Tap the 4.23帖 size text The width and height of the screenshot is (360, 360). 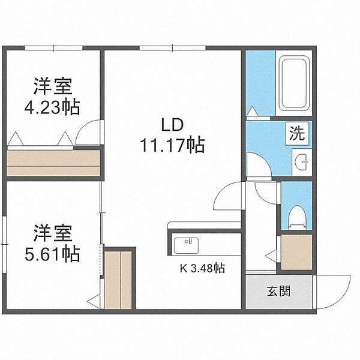point(52,107)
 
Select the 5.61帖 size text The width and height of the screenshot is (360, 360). point(52,254)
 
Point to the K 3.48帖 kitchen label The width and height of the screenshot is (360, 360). point(202,268)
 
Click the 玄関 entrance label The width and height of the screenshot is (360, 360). point(279,291)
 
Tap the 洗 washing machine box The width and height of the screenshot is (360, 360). point(298,133)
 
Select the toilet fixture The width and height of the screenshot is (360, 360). point(298,217)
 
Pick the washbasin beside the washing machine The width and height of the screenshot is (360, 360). point(302,162)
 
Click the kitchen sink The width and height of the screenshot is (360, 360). point(187,245)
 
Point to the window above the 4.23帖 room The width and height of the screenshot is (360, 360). point(53,48)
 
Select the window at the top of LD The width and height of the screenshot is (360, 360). point(172,48)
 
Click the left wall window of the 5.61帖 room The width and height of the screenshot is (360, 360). point(4,245)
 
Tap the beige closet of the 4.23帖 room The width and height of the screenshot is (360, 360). point(53,163)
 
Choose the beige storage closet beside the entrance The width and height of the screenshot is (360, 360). point(296,252)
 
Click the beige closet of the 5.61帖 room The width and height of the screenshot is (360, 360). point(118,280)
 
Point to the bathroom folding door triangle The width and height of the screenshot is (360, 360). point(253,111)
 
